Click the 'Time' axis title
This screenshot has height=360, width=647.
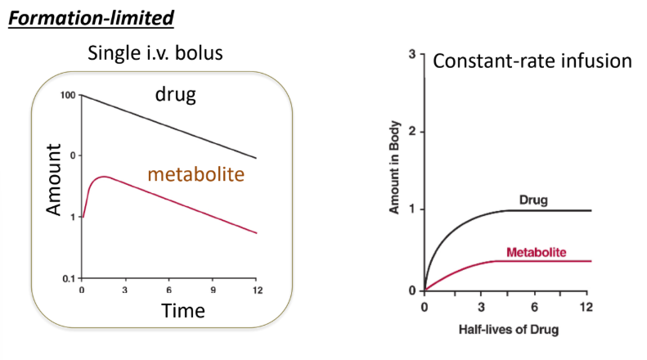(x=183, y=311)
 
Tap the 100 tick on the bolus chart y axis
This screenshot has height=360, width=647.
(x=69, y=96)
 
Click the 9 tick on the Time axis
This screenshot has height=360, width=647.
(x=213, y=290)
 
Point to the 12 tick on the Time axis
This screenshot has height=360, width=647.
(x=256, y=290)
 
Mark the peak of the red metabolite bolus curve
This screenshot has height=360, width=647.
(x=102, y=176)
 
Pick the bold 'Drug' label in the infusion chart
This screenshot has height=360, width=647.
(x=532, y=199)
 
